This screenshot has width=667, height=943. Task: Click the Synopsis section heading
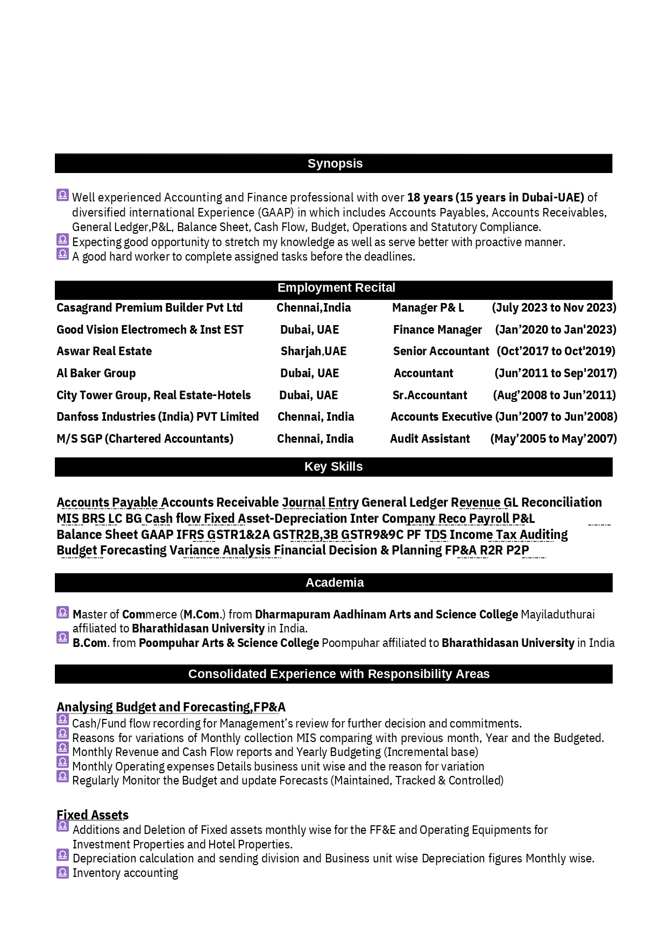pyautogui.click(x=335, y=163)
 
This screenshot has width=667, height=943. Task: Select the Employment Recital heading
pyautogui.click(x=336, y=288)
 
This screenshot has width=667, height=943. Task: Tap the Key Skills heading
pyautogui.click(x=334, y=466)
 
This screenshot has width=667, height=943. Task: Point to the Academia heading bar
pyautogui.click(x=334, y=582)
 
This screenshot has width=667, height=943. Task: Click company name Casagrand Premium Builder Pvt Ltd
pyautogui.click(x=150, y=308)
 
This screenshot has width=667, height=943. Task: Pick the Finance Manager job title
pyautogui.click(x=437, y=330)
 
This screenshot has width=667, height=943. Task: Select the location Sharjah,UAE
pyautogui.click(x=314, y=351)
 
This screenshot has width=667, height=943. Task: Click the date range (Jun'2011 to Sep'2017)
pyautogui.click(x=556, y=373)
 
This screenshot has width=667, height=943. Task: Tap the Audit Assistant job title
pyautogui.click(x=430, y=439)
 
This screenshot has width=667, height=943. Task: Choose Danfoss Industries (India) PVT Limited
pyautogui.click(x=158, y=417)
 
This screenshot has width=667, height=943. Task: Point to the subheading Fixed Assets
pyautogui.click(x=93, y=815)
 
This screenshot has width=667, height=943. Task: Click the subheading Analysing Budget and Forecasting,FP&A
pyautogui.click(x=171, y=707)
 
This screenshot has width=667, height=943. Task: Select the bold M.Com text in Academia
pyautogui.click(x=202, y=615)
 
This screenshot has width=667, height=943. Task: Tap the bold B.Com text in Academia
pyautogui.click(x=89, y=643)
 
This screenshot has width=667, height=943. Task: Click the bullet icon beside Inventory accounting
pyautogui.click(x=62, y=872)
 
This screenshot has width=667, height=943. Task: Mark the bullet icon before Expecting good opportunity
pyautogui.click(x=62, y=240)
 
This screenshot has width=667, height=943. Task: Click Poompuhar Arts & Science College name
pyautogui.click(x=229, y=643)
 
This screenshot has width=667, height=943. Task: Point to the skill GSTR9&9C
pyautogui.click(x=372, y=535)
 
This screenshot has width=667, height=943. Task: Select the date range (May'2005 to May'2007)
pyautogui.click(x=554, y=439)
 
